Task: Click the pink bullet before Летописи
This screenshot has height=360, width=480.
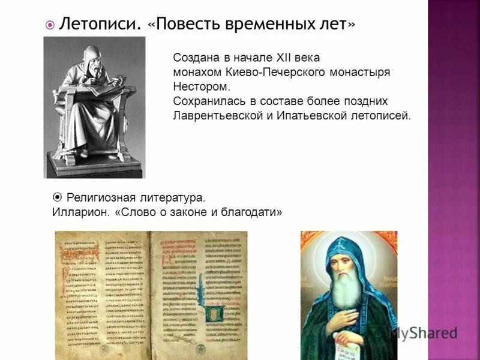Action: click(51, 25)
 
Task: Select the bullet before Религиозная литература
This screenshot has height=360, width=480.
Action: click(58, 196)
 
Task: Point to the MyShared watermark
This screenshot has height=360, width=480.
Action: click(422, 332)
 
